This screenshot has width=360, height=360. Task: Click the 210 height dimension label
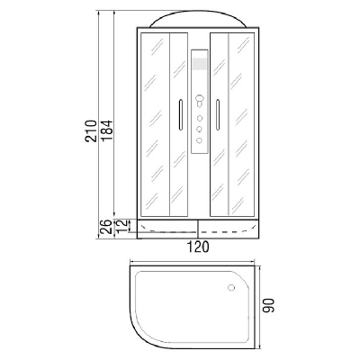pyautogui.click(x=91, y=130)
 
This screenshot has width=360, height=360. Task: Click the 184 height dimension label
pyautogui.click(x=107, y=130)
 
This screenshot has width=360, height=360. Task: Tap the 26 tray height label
pyautogui.click(x=105, y=227)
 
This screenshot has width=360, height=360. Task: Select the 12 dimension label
pyautogui.click(x=121, y=226)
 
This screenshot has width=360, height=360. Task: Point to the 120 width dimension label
pyautogui.click(x=198, y=247)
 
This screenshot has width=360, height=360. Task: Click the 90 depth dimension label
pyautogui.click(x=268, y=305)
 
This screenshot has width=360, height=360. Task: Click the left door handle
pyautogui.click(x=180, y=114)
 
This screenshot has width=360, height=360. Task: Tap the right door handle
pyautogui.click(x=218, y=114)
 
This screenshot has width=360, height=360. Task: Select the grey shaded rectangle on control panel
pyautogui.click(x=200, y=64)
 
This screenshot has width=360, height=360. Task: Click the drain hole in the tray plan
pyautogui.click(x=231, y=287)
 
